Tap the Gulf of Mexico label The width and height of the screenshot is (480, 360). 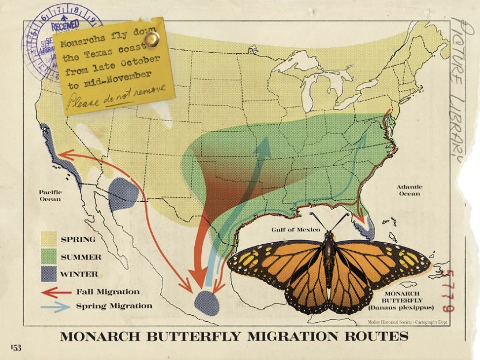(x=295, y=230)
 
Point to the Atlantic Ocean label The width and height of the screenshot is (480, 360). (x=410, y=190)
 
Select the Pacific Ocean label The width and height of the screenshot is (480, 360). (x=50, y=195)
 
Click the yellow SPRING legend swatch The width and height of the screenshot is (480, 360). (x=49, y=238)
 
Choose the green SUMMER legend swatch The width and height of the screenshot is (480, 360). (x=49, y=256)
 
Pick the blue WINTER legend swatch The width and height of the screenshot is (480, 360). (x=49, y=273)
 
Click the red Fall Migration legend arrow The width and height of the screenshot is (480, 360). (x=56, y=292)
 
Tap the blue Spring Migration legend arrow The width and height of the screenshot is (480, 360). (x=56, y=306)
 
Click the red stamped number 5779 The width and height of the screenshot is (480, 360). (x=445, y=291)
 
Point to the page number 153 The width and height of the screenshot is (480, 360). (x=16, y=348)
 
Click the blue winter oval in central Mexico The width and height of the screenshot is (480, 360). (x=207, y=303)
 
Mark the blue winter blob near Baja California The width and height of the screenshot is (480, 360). (x=123, y=194)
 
